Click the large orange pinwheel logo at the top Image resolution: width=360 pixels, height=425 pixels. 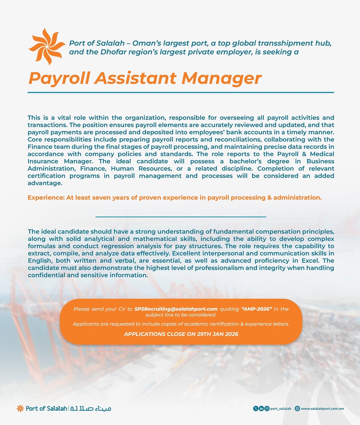pyautogui.click(x=47, y=46)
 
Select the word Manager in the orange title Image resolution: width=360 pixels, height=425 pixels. pyautogui.click(x=222, y=78)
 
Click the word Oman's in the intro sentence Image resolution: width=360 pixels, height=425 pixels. pyautogui.click(x=145, y=43)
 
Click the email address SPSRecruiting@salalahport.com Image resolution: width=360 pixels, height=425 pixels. pyautogui.click(x=176, y=309)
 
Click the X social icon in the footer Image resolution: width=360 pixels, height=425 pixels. pyautogui.click(x=256, y=408)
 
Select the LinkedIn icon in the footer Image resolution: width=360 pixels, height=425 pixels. pyautogui.click(x=261, y=408)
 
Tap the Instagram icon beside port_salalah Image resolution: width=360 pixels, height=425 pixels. pyautogui.click(x=267, y=408)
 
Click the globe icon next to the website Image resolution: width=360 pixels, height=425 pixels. pyautogui.click(x=297, y=408)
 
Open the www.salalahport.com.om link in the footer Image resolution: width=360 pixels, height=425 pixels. pyautogui.click(x=322, y=408)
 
